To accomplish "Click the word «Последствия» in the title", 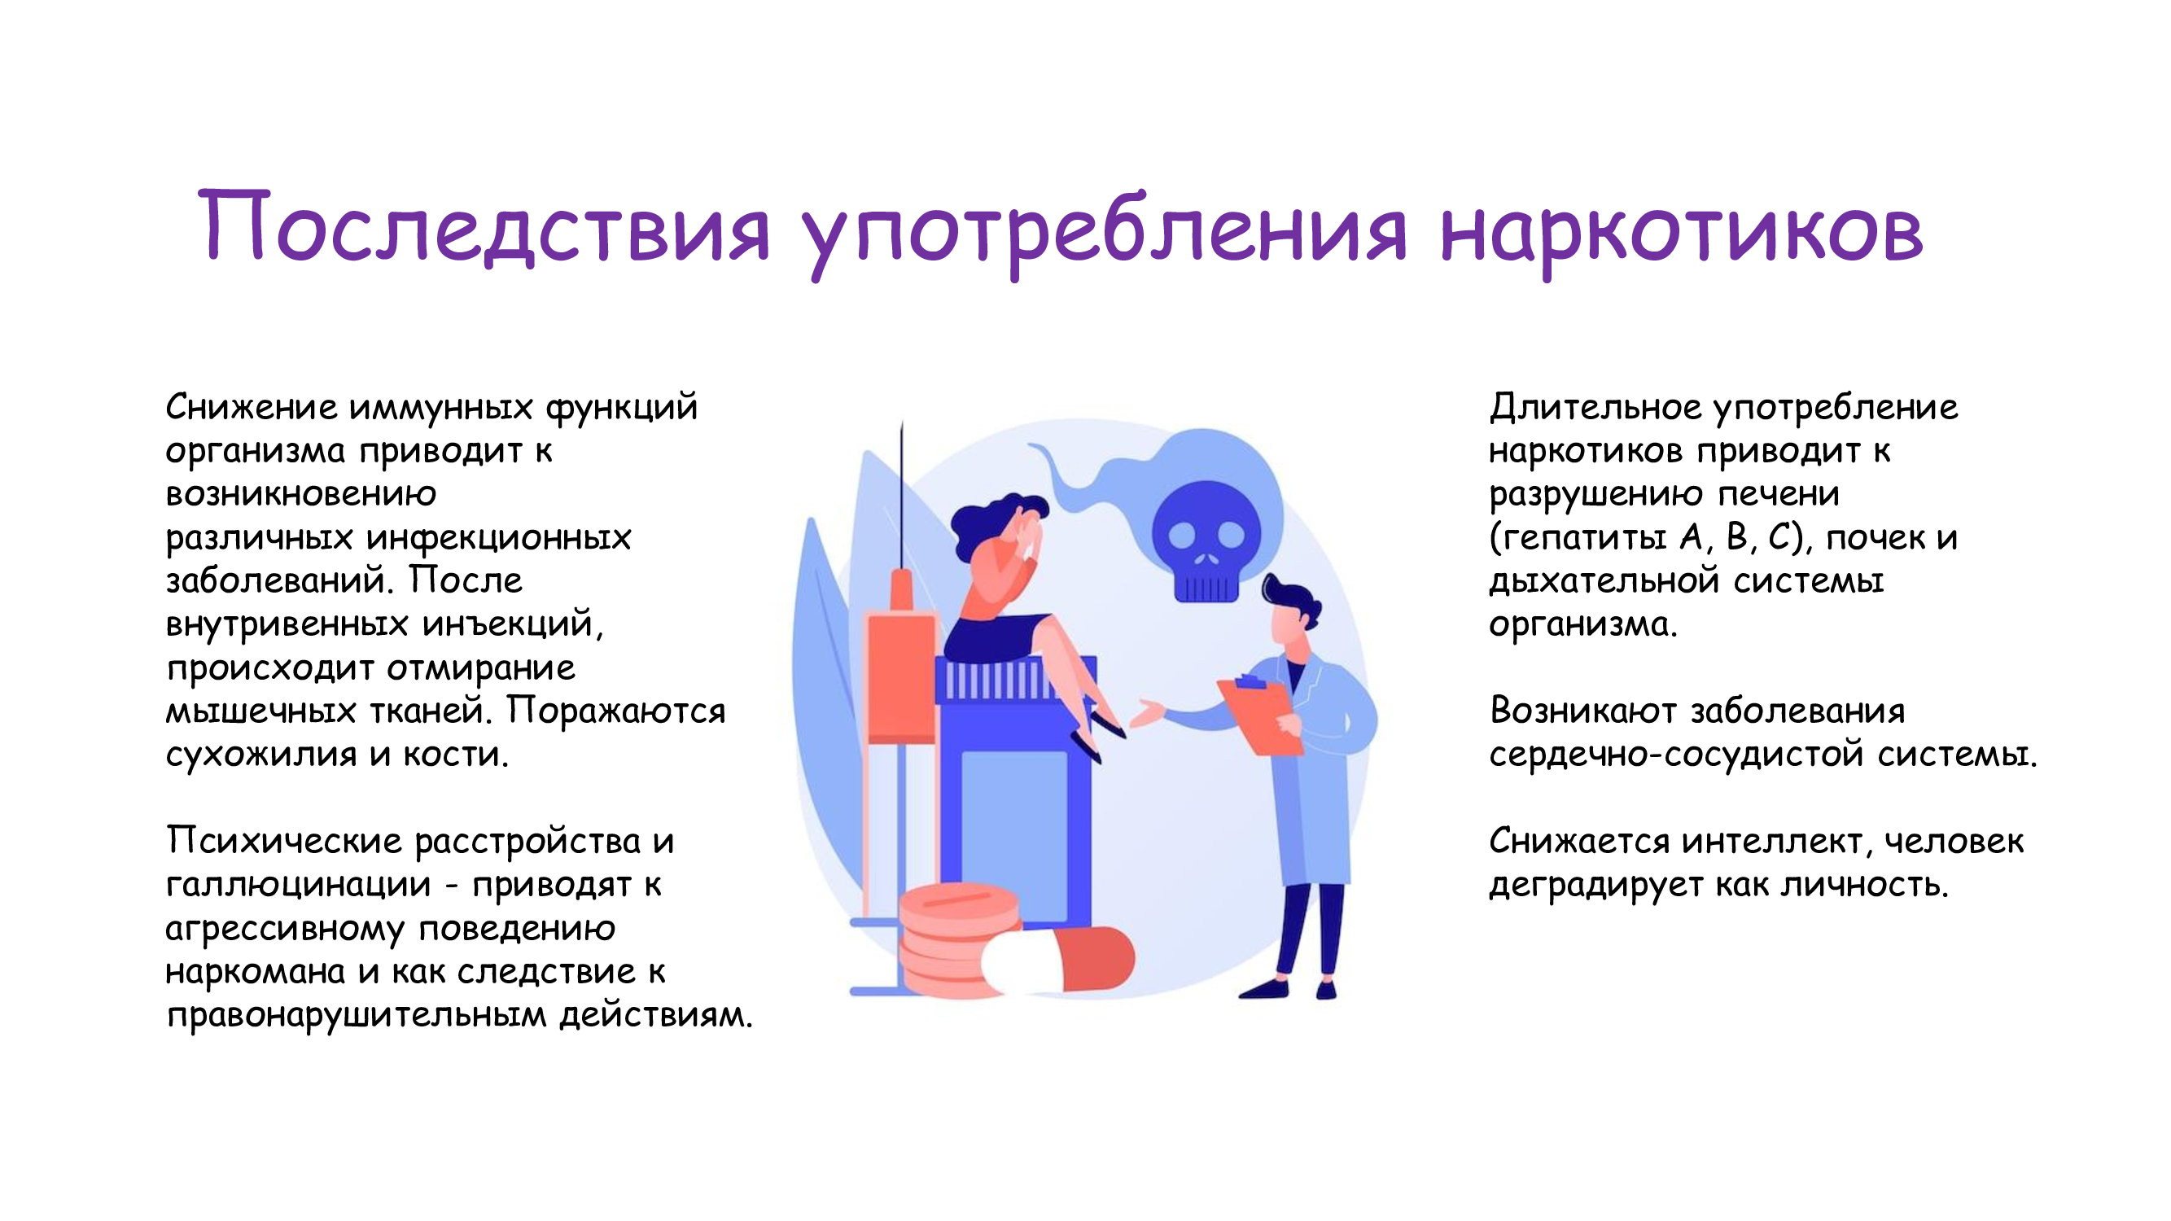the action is (x=484, y=228).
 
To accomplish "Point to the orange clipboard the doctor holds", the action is (x=1260, y=716).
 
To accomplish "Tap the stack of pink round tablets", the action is (x=956, y=939).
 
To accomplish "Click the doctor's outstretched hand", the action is (x=1146, y=713).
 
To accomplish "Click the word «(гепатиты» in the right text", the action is (x=1577, y=537).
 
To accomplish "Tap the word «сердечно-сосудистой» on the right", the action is (x=1676, y=755).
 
